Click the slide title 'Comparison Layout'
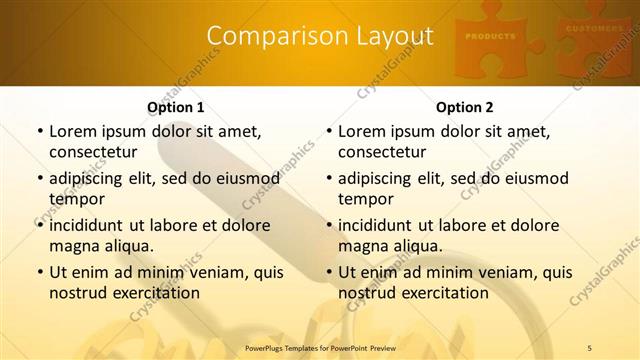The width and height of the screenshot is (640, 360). point(319,37)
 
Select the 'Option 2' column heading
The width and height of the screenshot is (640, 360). point(464,107)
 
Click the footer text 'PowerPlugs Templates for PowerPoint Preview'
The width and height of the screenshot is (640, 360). point(319,347)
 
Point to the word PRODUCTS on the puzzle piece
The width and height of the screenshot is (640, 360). point(490,36)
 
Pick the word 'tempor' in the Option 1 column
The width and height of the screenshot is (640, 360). point(75,198)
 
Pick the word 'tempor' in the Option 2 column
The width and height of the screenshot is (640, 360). point(364,198)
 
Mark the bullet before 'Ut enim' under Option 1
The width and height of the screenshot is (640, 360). point(38,273)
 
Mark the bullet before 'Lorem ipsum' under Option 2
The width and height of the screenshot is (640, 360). point(327,132)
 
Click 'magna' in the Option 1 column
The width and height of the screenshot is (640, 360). point(73,245)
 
